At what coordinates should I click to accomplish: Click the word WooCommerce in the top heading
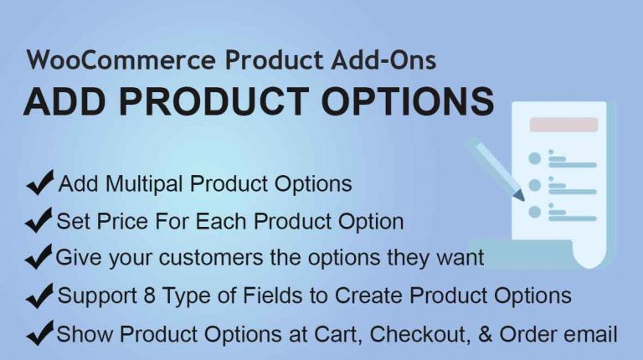pyautogui.click(x=121, y=60)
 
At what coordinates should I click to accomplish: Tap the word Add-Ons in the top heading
pyautogui.click(x=383, y=60)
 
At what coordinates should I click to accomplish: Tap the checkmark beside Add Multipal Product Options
pyautogui.click(x=40, y=182)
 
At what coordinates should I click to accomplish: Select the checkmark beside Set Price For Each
pyautogui.click(x=39, y=220)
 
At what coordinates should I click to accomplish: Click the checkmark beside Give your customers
pyautogui.click(x=39, y=257)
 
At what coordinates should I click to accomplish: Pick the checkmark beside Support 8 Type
pyautogui.click(x=39, y=296)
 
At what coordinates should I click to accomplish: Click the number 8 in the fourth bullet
pyautogui.click(x=150, y=296)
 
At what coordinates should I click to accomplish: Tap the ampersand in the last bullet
pyautogui.click(x=485, y=334)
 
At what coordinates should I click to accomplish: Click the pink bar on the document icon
pyautogui.click(x=563, y=125)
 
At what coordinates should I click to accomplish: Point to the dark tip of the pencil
pyautogui.click(x=522, y=198)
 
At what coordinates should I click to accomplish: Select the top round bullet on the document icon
pyautogui.click(x=535, y=158)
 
